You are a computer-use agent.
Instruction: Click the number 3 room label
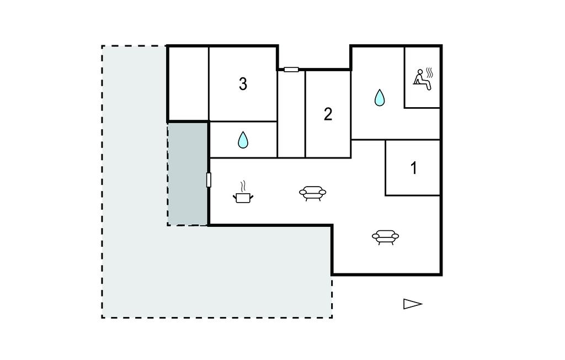point(243,84)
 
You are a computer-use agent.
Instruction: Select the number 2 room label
point(328,114)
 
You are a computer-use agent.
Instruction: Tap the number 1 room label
point(414,168)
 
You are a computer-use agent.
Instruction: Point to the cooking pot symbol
point(243,197)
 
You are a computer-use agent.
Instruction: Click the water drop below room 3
point(243,140)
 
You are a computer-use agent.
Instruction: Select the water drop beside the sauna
point(380,98)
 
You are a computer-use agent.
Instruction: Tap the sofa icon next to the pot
point(312,193)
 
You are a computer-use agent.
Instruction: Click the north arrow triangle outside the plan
point(412,304)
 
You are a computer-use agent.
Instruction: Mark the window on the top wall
point(291,70)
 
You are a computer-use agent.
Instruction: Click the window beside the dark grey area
point(209,180)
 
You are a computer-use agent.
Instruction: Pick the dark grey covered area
point(188,174)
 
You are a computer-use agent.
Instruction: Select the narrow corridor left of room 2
point(291,116)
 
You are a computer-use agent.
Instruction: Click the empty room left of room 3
point(188,83)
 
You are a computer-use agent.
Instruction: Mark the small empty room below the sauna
point(423,124)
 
